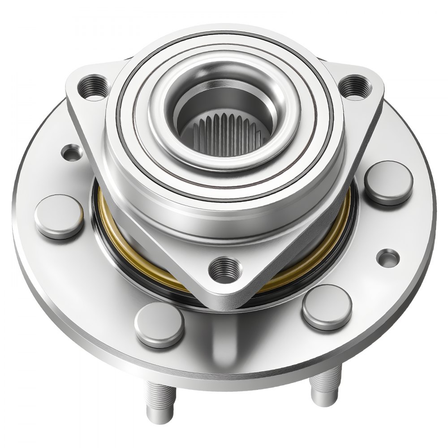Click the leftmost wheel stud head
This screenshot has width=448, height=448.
(x=59, y=216)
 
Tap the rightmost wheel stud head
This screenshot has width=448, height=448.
(x=388, y=183)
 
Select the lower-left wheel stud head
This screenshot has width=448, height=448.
(x=159, y=324)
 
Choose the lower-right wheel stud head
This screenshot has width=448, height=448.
(x=327, y=306)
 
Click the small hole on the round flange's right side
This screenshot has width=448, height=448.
(x=388, y=257)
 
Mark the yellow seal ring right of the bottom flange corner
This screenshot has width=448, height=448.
(x=309, y=264)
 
